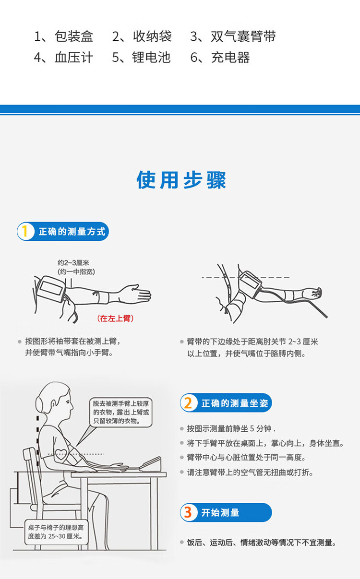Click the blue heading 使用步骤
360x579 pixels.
click(181, 180)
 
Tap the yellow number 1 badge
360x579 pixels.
click(25, 231)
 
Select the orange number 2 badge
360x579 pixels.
click(188, 403)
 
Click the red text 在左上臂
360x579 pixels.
click(115, 318)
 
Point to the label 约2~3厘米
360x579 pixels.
click(73, 263)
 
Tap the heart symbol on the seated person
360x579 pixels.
click(61, 454)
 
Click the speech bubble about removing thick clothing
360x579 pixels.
click(121, 412)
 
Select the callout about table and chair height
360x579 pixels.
click(56, 532)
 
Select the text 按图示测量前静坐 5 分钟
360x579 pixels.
click(229, 428)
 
